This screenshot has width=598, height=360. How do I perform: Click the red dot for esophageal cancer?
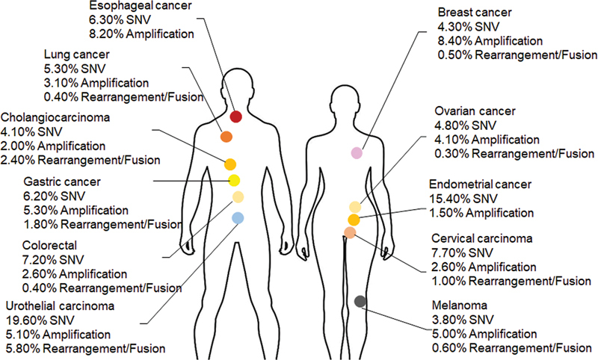click(235, 117)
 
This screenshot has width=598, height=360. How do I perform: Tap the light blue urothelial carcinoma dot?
click(238, 218)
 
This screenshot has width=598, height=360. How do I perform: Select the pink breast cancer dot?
click(357, 152)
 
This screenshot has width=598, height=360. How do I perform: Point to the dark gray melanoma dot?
click(360, 301)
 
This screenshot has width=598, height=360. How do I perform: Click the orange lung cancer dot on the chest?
click(226, 137)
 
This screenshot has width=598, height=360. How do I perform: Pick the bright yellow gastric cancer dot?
click(233, 180)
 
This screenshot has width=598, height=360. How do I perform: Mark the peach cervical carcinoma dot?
click(350, 232)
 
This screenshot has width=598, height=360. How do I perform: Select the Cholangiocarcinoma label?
click(56, 118)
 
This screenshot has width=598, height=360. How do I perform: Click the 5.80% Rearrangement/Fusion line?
click(84, 347)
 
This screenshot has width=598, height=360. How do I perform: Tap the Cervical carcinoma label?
click(482, 239)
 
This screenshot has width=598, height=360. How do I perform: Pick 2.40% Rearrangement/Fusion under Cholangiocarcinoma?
click(81, 159)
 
